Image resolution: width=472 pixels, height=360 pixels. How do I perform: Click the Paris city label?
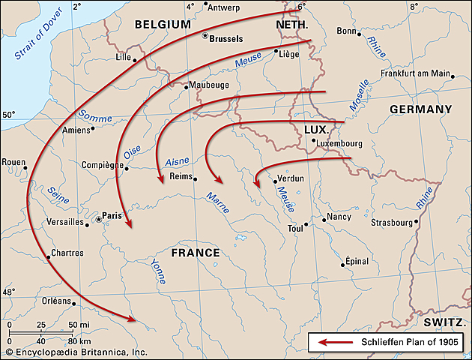coord(112,214)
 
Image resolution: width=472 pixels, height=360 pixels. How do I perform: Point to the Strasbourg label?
coord(392,222)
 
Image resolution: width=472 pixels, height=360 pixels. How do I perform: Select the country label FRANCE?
coord(196,253)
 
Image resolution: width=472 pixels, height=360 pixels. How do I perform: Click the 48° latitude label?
coord(9,292)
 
